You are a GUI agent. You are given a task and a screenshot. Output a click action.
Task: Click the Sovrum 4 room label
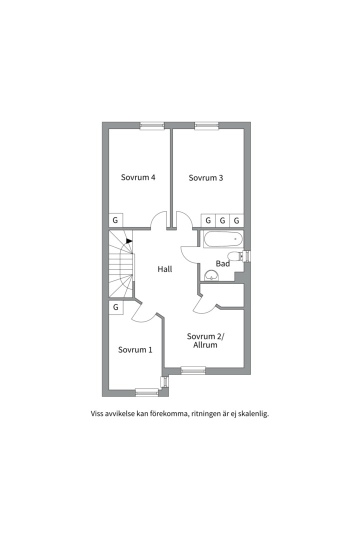pyautogui.click(x=138, y=177)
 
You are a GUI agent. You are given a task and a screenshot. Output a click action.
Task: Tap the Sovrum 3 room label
pyautogui.click(x=205, y=177)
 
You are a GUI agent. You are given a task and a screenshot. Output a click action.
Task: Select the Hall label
pyautogui.click(x=164, y=269)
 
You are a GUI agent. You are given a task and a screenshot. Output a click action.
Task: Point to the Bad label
pyautogui.click(x=222, y=264)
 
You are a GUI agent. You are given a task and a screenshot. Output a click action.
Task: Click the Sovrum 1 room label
pyautogui.click(x=135, y=350)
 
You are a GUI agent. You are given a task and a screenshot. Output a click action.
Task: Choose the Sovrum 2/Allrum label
pyautogui.click(x=205, y=340)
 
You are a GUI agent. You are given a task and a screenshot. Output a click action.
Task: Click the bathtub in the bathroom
pyautogui.click(x=223, y=239)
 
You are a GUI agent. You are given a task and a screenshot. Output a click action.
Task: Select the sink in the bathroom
pyautogui.click(x=211, y=275)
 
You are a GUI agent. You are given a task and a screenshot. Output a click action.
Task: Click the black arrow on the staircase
pyautogui.click(x=129, y=241)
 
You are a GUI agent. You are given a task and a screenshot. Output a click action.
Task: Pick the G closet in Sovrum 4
pyautogui.click(x=116, y=220)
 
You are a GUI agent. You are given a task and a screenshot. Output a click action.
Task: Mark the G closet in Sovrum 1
pyautogui.click(x=116, y=307)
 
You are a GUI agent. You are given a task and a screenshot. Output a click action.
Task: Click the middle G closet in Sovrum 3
pyautogui.click(x=222, y=220)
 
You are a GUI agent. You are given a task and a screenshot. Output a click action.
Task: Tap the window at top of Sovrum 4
pyautogui.click(x=152, y=125)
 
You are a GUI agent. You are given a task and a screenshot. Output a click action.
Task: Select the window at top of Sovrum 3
pyautogui.click(x=206, y=125)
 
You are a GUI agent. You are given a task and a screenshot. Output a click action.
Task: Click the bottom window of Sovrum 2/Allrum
pyautogui.click(x=193, y=370)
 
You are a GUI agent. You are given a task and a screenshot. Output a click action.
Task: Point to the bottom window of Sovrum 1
pyautogui.click(x=147, y=392)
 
